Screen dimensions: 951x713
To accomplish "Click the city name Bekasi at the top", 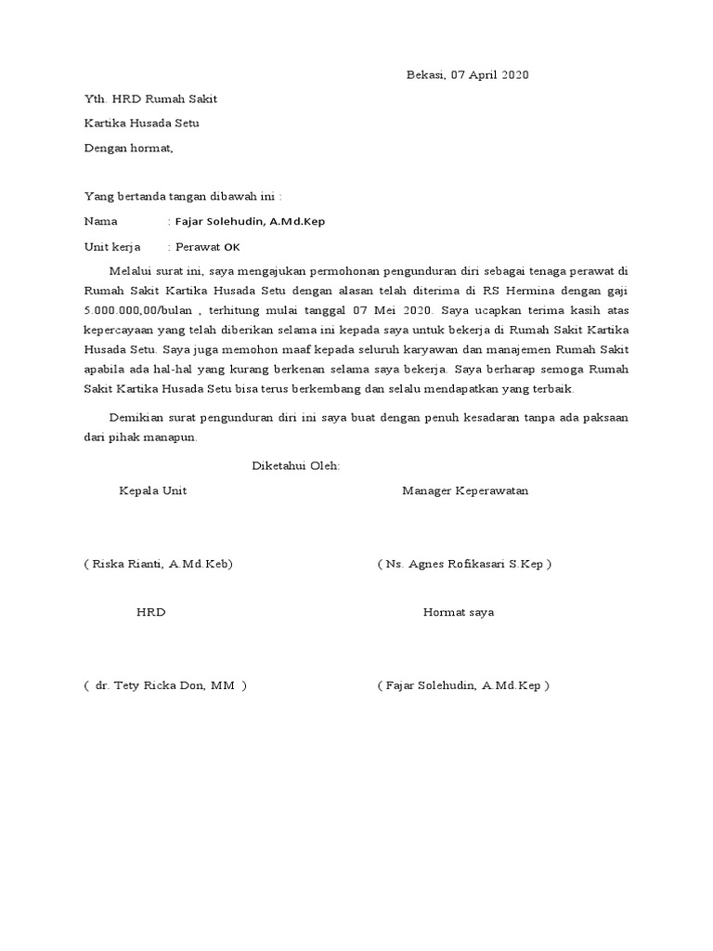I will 426,75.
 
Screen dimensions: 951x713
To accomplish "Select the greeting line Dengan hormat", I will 128,147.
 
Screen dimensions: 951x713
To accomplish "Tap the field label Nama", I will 101,221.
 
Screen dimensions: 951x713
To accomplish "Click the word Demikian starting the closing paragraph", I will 137,417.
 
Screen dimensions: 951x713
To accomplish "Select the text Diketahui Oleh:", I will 296,465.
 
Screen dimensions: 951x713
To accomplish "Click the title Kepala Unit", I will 152,490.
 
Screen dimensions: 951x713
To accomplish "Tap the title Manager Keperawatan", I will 465,490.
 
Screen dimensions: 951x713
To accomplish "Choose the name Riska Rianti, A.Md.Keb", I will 158,564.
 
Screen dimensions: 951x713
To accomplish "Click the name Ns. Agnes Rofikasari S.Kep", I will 464,564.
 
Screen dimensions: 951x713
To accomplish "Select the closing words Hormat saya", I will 459,612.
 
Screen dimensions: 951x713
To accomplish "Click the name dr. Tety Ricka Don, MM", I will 164,685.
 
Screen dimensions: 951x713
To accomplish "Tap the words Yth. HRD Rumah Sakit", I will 150,99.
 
